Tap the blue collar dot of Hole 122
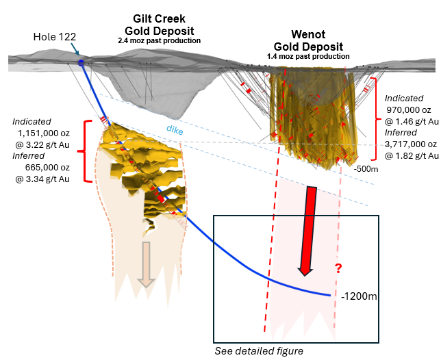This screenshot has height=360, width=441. click(81, 63)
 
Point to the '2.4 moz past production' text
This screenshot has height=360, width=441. click(159, 41)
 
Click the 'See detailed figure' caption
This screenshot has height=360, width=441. click(259, 351)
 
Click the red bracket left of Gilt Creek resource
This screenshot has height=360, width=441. click(86, 151)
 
